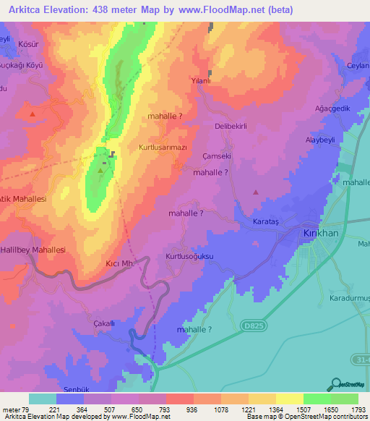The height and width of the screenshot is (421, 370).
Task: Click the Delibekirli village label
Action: pyautogui.click(x=231, y=126)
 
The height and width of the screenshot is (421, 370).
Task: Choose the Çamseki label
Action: pyautogui.click(x=217, y=156)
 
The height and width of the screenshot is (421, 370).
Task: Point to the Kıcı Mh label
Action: pyautogui.click(x=121, y=264)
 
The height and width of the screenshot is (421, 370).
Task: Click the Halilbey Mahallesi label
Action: pyautogui.click(x=33, y=250)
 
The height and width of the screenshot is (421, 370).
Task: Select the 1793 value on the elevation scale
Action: pyautogui.click(x=358, y=409)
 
